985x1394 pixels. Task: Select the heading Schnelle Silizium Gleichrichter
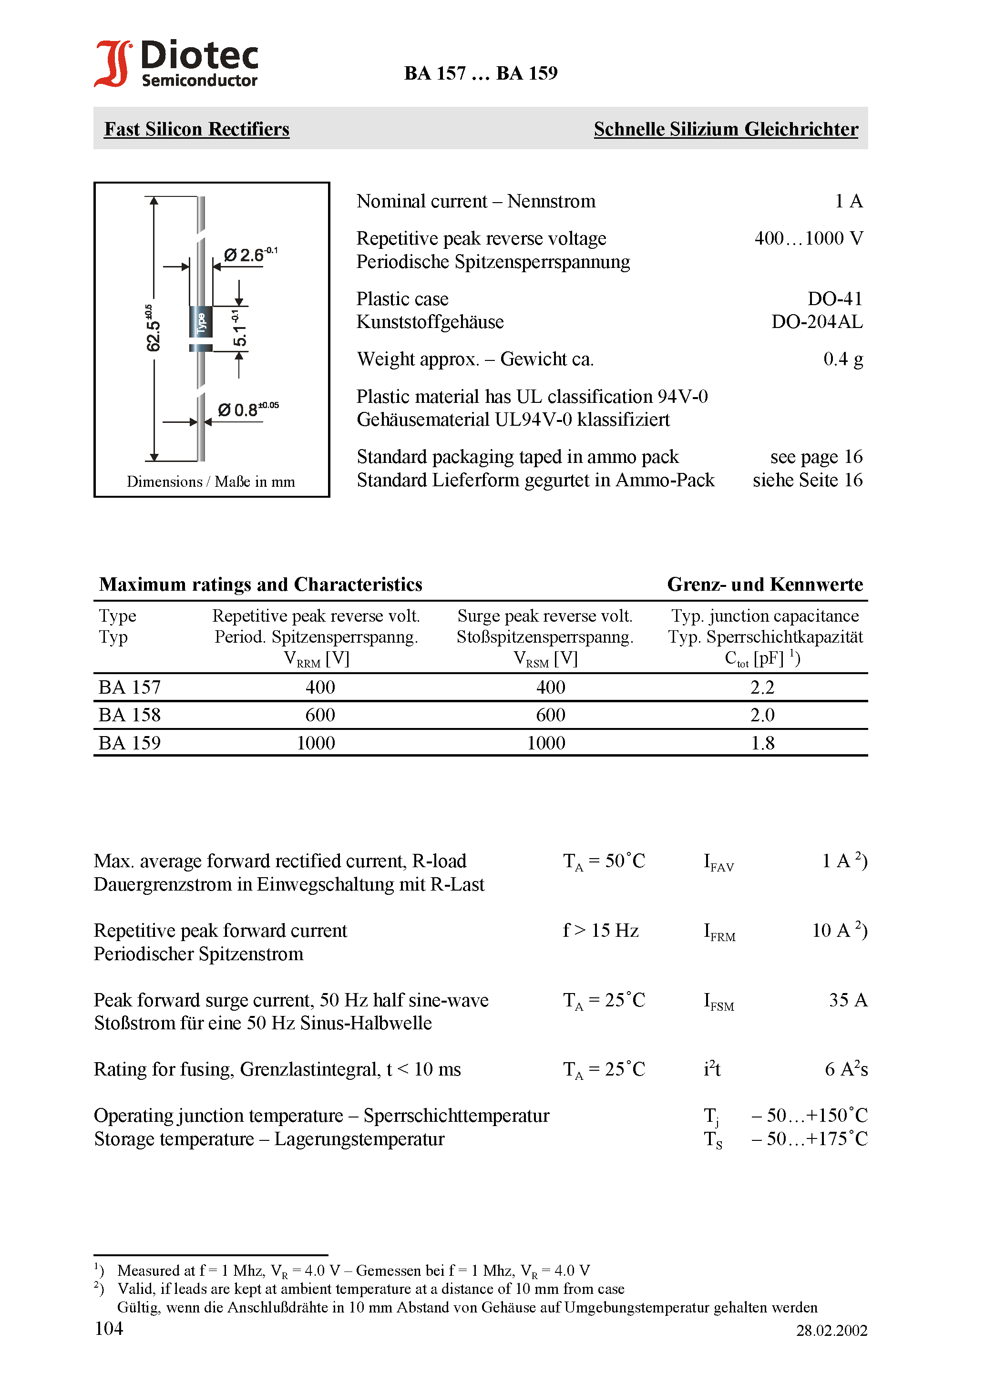click(725, 129)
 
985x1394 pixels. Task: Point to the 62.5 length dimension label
click(153, 328)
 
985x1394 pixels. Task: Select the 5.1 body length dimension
click(239, 330)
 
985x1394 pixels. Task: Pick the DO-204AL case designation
click(816, 322)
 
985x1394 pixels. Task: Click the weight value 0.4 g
click(842, 359)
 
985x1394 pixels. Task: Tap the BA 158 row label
click(129, 715)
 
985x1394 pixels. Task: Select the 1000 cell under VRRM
click(316, 743)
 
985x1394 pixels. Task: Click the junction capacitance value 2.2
click(762, 687)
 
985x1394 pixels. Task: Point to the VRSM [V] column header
click(545, 659)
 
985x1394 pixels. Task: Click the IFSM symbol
click(718, 1002)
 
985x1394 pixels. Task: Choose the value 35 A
click(848, 1000)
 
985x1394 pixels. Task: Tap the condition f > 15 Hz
click(601, 931)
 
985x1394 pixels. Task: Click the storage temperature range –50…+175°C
click(809, 1139)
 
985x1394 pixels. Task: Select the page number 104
click(109, 1329)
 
